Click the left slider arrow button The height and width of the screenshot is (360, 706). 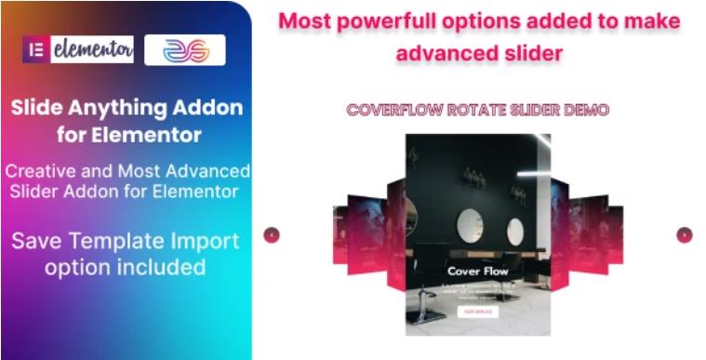pos(272,235)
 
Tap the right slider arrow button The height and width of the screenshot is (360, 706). pos(684,235)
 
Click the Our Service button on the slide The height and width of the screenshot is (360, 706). pos(479,312)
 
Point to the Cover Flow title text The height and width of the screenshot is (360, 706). pos(478,272)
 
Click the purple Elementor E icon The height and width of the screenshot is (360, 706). pos(37,50)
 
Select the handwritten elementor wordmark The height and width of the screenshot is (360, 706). pos(91,50)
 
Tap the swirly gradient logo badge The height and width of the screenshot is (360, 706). pos(184,50)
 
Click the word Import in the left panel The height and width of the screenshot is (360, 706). pos(197,242)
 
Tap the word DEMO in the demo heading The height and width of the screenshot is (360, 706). pos(585,110)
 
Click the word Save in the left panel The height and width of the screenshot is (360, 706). pos(35,242)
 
